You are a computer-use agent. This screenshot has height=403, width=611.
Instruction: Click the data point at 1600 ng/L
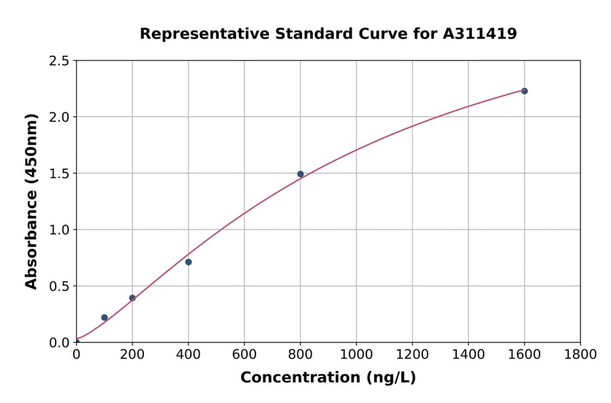click(x=524, y=91)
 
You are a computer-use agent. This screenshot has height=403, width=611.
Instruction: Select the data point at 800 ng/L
click(x=300, y=174)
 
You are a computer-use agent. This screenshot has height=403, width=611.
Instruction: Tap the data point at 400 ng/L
click(x=188, y=262)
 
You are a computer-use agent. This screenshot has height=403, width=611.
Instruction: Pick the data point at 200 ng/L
click(x=132, y=298)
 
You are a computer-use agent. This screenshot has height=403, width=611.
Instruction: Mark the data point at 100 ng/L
click(x=105, y=318)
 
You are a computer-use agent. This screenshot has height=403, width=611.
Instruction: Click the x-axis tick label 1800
click(x=580, y=355)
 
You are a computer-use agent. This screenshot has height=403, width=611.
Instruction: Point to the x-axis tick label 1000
click(x=356, y=355)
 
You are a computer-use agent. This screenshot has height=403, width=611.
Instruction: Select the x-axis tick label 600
click(x=244, y=355)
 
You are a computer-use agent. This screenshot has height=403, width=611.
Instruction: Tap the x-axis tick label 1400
click(x=468, y=355)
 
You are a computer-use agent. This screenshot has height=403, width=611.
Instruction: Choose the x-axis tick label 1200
click(x=412, y=355)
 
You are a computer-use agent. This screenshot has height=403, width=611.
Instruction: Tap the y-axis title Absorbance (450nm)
click(x=31, y=201)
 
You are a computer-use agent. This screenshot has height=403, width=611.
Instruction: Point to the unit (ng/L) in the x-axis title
click(x=392, y=378)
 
